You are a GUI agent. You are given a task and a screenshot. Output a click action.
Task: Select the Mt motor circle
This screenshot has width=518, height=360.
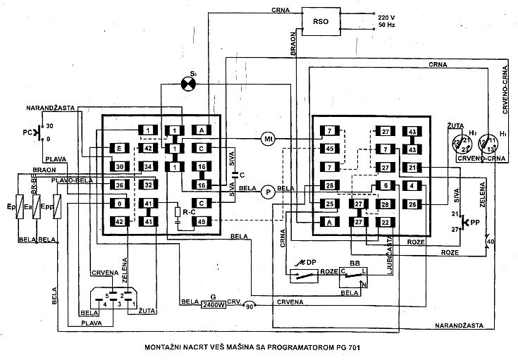click(x=268, y=139)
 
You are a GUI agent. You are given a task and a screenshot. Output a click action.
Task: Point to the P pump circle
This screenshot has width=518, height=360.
click(x=267, y=191)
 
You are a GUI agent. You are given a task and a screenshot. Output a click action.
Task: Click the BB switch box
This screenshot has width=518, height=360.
click(x=357, y=277)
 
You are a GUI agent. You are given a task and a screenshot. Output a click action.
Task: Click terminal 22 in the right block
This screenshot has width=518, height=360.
click(x=386, y=223)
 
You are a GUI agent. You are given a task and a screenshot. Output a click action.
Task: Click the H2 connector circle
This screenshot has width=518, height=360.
click(x=462, y=144)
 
